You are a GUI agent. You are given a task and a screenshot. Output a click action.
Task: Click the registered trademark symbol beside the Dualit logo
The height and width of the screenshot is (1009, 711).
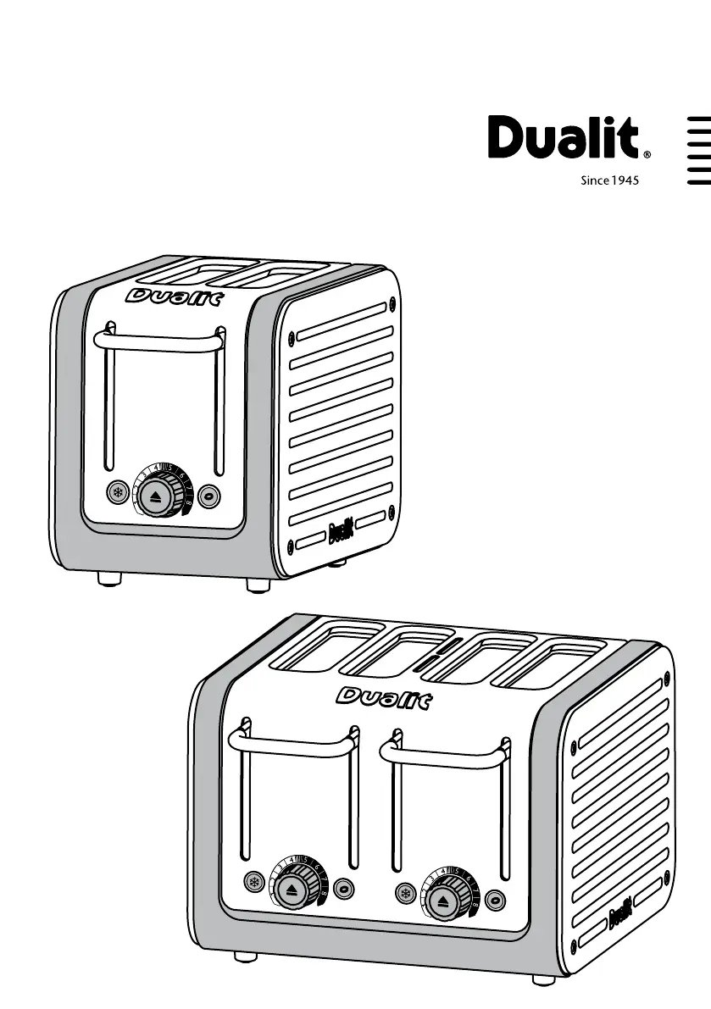647,156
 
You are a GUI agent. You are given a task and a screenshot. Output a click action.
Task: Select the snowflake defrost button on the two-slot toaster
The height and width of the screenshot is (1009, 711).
119,492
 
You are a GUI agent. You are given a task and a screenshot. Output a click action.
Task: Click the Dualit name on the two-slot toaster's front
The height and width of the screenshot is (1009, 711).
174,297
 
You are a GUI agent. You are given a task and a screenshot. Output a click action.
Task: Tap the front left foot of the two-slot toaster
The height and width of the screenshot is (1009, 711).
108,579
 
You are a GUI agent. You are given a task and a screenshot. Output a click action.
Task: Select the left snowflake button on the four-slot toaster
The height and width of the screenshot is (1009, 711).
253,881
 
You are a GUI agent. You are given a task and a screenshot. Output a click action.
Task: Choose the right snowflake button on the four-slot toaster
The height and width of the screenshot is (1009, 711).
406,895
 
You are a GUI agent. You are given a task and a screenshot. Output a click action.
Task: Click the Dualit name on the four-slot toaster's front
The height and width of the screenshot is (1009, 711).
384,698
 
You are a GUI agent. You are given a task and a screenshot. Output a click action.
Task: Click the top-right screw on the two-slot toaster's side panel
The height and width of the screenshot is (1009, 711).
391,300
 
